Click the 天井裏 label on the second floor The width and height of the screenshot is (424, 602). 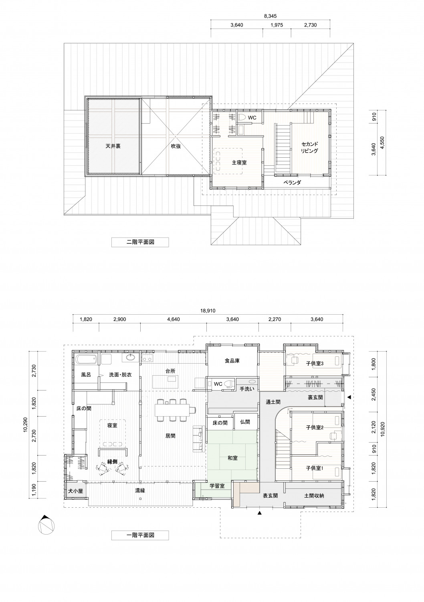coord(113,146)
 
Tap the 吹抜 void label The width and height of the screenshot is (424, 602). coord(176,146)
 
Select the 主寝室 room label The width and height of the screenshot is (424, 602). coord(239,162)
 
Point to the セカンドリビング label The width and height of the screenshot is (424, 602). coord(309,147)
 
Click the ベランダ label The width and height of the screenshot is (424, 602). coord(292,183)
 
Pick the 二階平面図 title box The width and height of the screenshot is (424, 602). coord(140,242)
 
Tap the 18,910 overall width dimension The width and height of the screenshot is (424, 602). coord(208,311)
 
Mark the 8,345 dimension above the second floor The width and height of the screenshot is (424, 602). coord(271,16)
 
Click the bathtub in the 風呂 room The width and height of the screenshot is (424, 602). coord(86,359)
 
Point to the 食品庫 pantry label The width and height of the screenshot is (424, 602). coord(232,361)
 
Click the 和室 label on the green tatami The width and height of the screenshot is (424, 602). coord(232,458)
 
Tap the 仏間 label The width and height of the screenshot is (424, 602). coord(245,422)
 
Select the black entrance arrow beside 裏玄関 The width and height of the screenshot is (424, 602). coord(349,397)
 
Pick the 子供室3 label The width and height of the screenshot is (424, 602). coord(315,364)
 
